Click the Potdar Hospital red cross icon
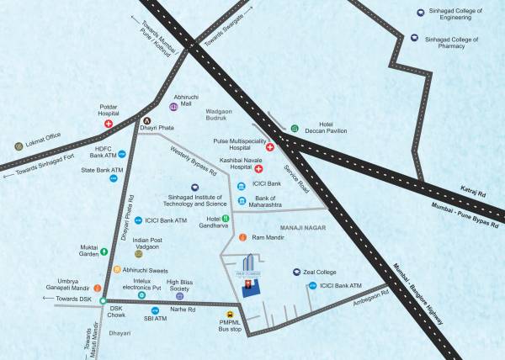pyautogui.click(x=108, y=124)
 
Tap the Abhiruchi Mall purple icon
pyautogui.click(x=173, y=108)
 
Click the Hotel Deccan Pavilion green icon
pyautogui.click(x=295, y=129)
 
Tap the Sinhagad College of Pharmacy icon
pyautogui.click(x=413, y=38)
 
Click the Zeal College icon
pyautogui.click(x=296, y=273)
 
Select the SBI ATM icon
pyautogui.click(x=155, y=310)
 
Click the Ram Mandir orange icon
pyautogui.click(x=242, y=238)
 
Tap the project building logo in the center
pyautogui.click(x=251, y=275)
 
